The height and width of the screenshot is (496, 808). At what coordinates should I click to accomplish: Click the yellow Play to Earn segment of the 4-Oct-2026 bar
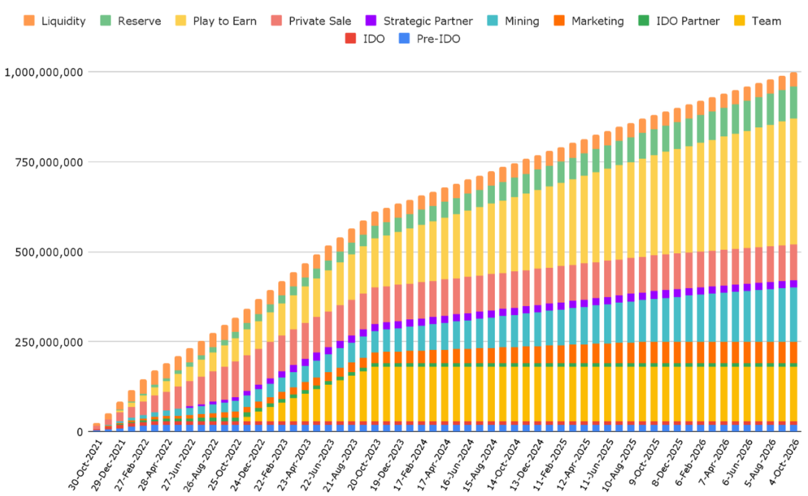point(794,181)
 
